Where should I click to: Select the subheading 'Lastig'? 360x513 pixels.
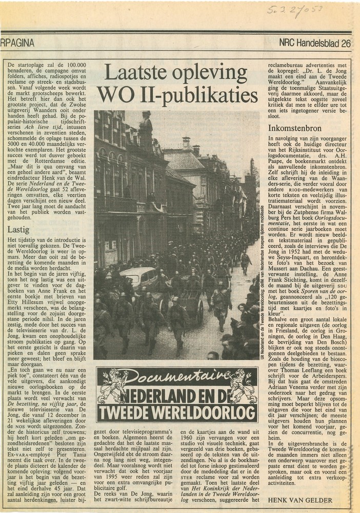tap(19, 230)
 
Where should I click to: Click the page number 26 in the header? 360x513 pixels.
tap(346, 44)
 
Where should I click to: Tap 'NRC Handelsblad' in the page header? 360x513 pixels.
tap(308, 44)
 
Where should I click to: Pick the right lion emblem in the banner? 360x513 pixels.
tap(243, 386)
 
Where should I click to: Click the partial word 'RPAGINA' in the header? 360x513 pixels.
tap(17, 44)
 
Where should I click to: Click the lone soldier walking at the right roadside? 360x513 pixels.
tap(246, 262)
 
